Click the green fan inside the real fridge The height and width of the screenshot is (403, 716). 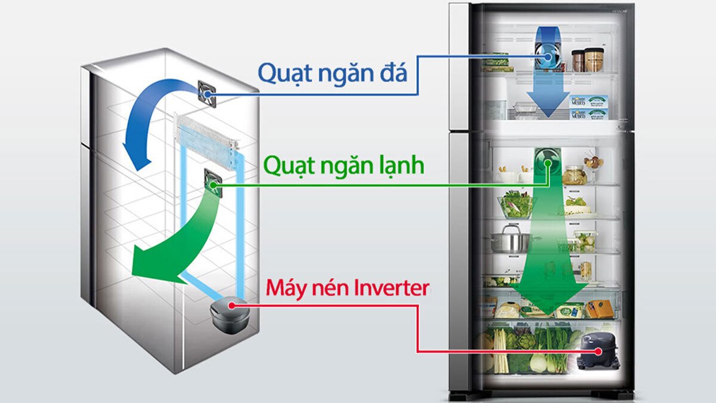point(546,162)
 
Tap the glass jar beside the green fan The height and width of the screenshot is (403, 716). point(575,174)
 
